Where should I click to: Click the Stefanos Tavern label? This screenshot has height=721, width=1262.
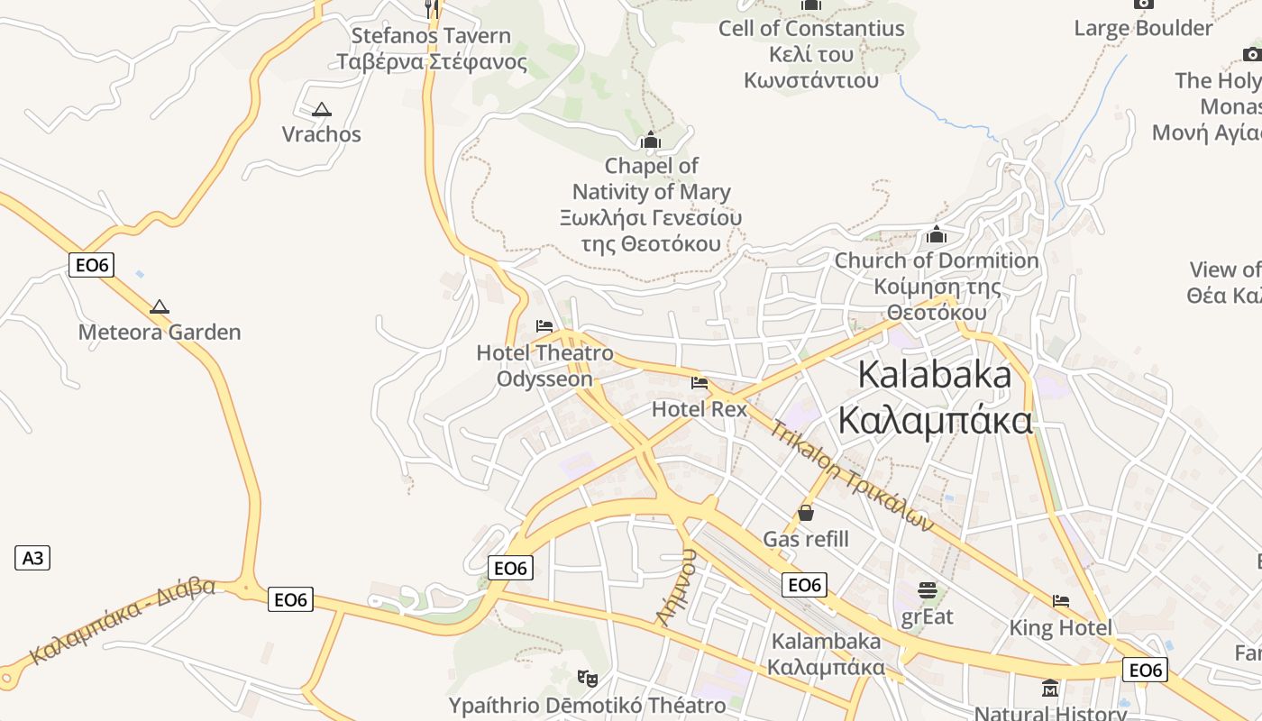click(431, 49)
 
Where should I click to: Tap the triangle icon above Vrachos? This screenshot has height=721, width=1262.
click(321, 110)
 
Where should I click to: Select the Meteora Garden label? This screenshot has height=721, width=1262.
click(160, 332)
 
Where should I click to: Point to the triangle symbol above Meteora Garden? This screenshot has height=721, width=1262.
click(160, 306)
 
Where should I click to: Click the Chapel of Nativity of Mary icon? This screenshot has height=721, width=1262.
click(650, 141)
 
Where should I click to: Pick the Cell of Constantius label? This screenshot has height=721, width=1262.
click(811, 54)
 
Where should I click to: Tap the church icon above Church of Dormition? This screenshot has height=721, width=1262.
click(937, 235)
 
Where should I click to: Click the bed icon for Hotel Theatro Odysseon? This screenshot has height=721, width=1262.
click(544, 326)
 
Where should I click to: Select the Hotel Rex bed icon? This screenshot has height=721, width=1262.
click(700, 383)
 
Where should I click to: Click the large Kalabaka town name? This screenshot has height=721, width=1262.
click(936, 397)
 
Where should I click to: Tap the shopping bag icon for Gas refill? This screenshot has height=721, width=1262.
click(806, 513)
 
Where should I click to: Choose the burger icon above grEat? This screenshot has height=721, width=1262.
click(928, 591)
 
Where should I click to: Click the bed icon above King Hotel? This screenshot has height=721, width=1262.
click(1061, 601)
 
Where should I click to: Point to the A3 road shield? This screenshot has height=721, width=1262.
click(32, 558)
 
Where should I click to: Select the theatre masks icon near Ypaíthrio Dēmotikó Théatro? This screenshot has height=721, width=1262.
click(588, 677)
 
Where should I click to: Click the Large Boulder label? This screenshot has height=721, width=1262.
click(1143, 28)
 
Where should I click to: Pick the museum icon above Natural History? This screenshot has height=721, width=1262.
click(1050, 689)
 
